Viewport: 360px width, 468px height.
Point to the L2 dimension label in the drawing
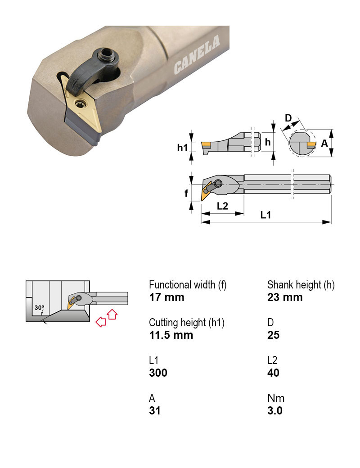pyautogui.click(x=222, y=206)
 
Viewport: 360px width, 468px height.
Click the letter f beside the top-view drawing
pyautogui.click(x=186, y=193)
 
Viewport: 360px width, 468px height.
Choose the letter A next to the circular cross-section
pyautogui.click(x=324, y=144)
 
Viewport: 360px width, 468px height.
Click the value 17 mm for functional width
pyautogui.click(x=166, y=297)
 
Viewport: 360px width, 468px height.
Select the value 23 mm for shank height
pyautogui.click(x=285, y=297)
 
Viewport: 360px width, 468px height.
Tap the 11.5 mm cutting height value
pyautogui.click(x=171, y=335)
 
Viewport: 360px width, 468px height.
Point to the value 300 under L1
pyautogui.click(x=158, y=373)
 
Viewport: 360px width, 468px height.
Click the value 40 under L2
pyautogui.click(x=273, y=373)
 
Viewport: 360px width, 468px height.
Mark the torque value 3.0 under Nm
pyautogui.click(x=275, y=411)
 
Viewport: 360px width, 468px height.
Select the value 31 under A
pyautogui.click(x=154, y=411)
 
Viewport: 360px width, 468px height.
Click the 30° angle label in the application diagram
pyautogui.click(x=40, y=308)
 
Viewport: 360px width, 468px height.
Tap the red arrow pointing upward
pyautogui.click(x=112, y=314)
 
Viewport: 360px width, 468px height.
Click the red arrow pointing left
pyautogui.click(x=101, y=322)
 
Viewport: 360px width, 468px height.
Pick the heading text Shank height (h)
pyautogui.click(x=301, y=285)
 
